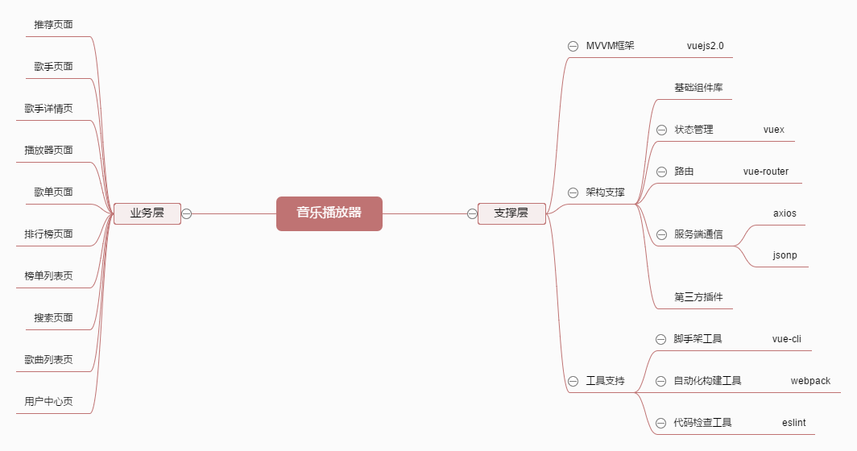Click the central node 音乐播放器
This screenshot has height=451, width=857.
(329, 213)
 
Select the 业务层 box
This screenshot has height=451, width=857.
(147, 213)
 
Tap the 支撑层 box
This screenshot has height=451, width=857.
(511, 213)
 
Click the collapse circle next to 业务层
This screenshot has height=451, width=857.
(187, 213)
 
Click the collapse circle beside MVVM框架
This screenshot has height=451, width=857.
(573, 46)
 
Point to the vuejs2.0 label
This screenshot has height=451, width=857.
(705, 46)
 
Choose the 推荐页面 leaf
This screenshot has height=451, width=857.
(53, 25)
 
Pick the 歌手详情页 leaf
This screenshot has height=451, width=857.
(48, 109)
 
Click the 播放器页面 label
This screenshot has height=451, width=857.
(48, 151)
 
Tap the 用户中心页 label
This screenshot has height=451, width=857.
(48, 402)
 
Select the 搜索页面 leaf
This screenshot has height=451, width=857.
(53, 318)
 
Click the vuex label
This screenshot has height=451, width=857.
(773, 130)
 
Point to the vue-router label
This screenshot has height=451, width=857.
(765, 172)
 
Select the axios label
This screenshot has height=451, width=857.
(784, 213)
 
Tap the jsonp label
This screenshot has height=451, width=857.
(784, 255)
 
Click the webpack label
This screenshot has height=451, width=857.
(809, 381)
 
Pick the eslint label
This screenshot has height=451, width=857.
(793, 423)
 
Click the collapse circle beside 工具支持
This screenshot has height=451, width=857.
(573, 381)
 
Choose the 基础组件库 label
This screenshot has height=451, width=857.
(698, 88)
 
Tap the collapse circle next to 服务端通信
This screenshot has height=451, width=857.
(661, 234)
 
